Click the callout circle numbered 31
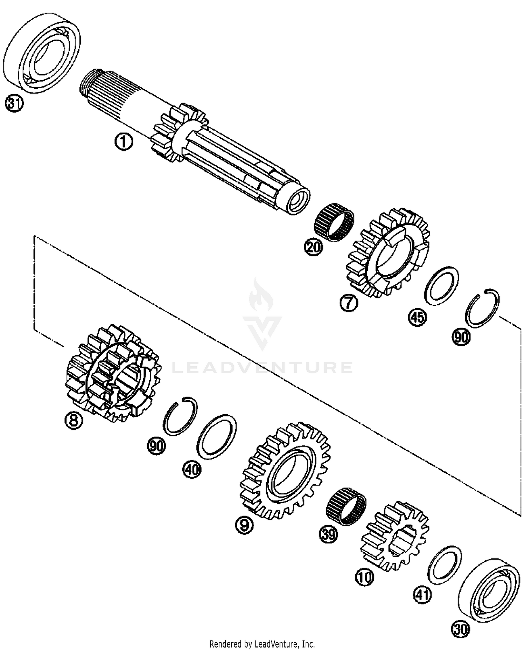coord(14,104)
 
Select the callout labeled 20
coord(313,247)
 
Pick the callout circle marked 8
coord(73,420)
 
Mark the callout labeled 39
coord(328,535)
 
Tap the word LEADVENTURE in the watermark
coord(262,367)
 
